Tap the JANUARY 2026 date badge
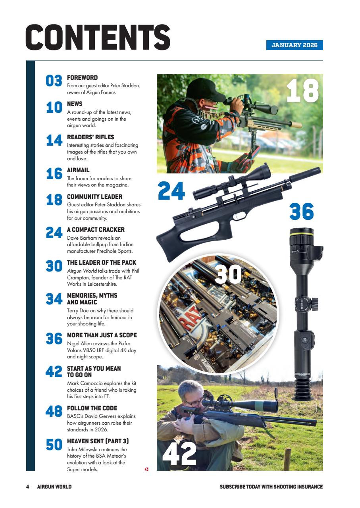(x=294, y=45)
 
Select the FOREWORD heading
(x=82, y=78)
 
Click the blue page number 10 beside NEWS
(x=54, y=107)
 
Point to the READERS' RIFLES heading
(x=90, y=137)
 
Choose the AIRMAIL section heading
(x=78, y=170)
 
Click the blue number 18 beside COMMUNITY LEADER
(x=54, y=200)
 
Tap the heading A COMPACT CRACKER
(x=96, y=230)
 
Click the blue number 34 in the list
(x=54, y=299)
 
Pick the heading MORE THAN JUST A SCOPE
(x=102, y=335)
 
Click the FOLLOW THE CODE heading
(x=92, y=408)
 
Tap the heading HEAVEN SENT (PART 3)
(x=98, y=441)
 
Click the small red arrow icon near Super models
(x=146, y=470)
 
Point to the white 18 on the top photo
(x=302, y=90)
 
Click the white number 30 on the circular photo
(x=228, y=273)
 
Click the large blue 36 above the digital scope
(x=301, y=212)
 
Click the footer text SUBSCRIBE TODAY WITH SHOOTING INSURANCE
(x=271, y=487)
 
